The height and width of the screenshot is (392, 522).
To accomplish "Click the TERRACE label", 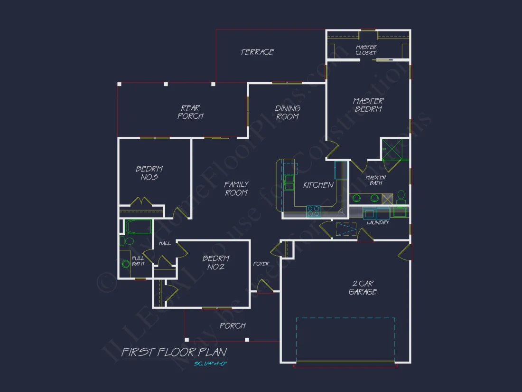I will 257,52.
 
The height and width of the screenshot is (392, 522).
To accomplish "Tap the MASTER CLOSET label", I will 366,50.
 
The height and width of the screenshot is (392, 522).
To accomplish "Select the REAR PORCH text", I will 190,112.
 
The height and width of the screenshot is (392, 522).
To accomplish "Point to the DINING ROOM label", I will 288,113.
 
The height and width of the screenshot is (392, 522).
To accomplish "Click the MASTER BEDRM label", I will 368,105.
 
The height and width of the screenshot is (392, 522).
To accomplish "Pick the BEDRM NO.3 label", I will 149,173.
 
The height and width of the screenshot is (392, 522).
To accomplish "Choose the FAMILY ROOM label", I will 236,189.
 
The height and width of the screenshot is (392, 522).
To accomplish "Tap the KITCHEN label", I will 318,185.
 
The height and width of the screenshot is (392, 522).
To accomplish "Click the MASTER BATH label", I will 376,180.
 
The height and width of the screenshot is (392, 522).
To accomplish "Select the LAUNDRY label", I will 378,222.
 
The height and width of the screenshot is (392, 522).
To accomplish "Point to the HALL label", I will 165,243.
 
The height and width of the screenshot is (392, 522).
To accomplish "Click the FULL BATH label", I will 138,261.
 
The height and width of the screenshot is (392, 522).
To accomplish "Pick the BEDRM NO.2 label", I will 216,263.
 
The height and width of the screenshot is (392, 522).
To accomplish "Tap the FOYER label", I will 261,264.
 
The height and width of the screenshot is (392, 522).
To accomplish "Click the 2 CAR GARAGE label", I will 363,288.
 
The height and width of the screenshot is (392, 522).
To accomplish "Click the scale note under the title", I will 211,364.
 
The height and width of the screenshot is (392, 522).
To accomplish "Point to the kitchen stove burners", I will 313,210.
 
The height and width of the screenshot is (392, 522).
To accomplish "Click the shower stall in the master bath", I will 394,149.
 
